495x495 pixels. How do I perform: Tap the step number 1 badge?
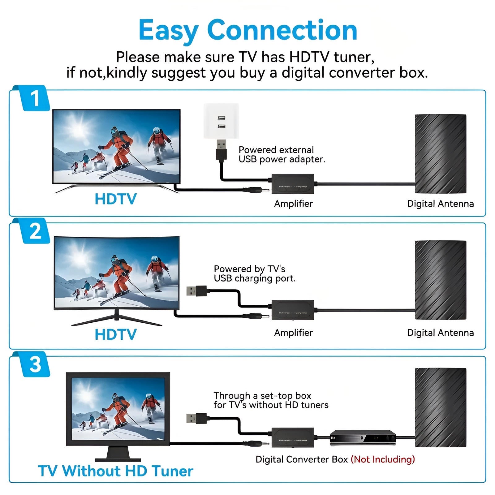[x=35, y=98]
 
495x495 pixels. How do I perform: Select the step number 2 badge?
[x=35, y=231]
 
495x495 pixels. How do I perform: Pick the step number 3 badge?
[x=35, y=364]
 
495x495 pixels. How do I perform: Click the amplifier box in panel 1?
[x=293, y=184]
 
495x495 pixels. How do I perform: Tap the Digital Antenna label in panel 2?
[x=440, y=333]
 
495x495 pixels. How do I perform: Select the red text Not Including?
[x=383, y=459]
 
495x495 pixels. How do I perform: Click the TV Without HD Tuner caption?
[x=115, y=471]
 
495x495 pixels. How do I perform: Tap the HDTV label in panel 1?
[x=115, y=199]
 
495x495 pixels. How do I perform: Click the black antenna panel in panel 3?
[x=440, y=407]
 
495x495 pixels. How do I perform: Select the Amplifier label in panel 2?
[x=293, y=333]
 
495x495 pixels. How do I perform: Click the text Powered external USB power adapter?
[x=281, y=154]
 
